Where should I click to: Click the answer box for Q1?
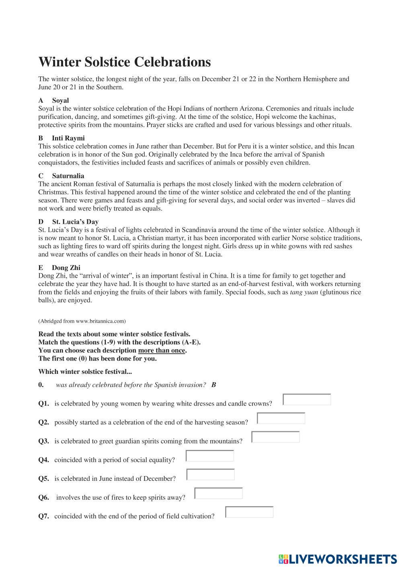click(307, 400)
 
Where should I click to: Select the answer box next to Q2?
click(281, 419)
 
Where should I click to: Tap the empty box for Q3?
click(275, 437)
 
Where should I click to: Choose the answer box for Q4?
click(210, 456)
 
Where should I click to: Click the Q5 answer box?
click(211, 475)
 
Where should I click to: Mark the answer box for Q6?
click(218, 493)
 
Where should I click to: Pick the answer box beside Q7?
click(249, 512)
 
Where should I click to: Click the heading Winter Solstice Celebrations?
click(125, 62)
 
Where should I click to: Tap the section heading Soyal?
click(60, 100)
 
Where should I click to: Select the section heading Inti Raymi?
click(68, 138)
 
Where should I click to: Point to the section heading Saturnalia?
click(68, 176)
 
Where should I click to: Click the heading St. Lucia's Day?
click(75, 222)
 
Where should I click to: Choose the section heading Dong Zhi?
click(66, 268)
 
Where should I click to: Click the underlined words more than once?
click(162, 350)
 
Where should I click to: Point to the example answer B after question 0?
click(213, 385)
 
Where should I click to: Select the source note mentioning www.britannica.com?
click(82, 321)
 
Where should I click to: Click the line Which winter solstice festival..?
click(85, 371)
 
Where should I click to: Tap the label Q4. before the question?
click(44, 460)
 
